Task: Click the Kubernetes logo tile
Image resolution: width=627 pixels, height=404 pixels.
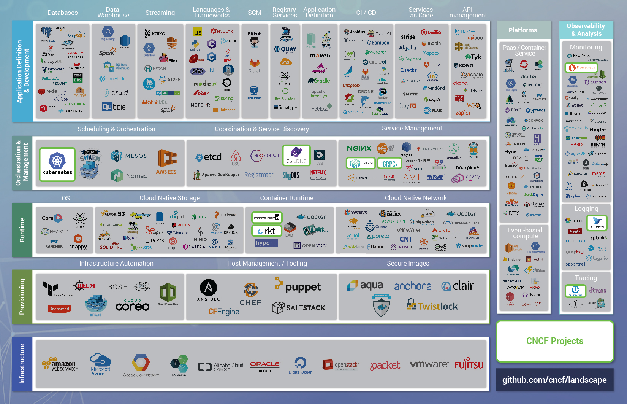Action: click(57, 164)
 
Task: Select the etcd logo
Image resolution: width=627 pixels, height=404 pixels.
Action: click(208, 157)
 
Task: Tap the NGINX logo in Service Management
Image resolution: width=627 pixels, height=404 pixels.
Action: click(359, 148)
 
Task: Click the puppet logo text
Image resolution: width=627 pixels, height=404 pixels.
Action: click(302, 287)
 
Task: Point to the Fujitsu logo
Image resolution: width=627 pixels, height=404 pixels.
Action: click(469, 365)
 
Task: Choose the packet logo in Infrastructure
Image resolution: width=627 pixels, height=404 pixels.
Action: click(385, 366)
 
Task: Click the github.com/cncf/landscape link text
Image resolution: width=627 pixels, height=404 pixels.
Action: click(554, 380)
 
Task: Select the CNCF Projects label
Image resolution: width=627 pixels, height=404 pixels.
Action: click(554, 341)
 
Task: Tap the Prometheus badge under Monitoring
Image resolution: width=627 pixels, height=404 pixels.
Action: click(581, 68)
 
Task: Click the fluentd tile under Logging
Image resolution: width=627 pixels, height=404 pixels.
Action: click(597, 223)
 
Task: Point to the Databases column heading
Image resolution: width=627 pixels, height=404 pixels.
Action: click(62, 13)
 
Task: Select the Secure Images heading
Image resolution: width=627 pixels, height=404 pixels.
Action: click(408, 263)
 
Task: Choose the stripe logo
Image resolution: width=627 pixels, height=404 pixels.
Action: click(408, 37)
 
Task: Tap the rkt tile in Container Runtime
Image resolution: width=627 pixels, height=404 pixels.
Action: click(267, 231)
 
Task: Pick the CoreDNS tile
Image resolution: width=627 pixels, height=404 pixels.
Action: click(296, 155)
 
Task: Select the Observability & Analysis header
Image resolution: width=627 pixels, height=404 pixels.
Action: click(586, 30)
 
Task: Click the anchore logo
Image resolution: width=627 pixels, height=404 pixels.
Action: click(413, 286)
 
